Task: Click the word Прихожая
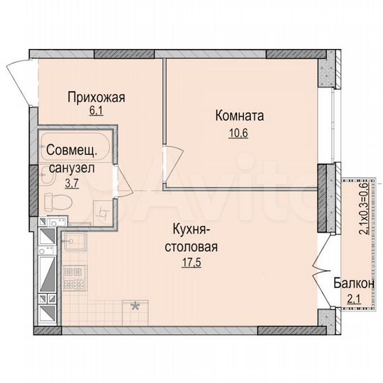pyautogui.click(x=96, y=99)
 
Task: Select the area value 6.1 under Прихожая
pyautogui.click(x=96, y=111)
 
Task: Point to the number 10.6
pyautogui.click(x=240, y=129)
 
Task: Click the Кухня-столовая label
pyautogui.click(x=194, y=238)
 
